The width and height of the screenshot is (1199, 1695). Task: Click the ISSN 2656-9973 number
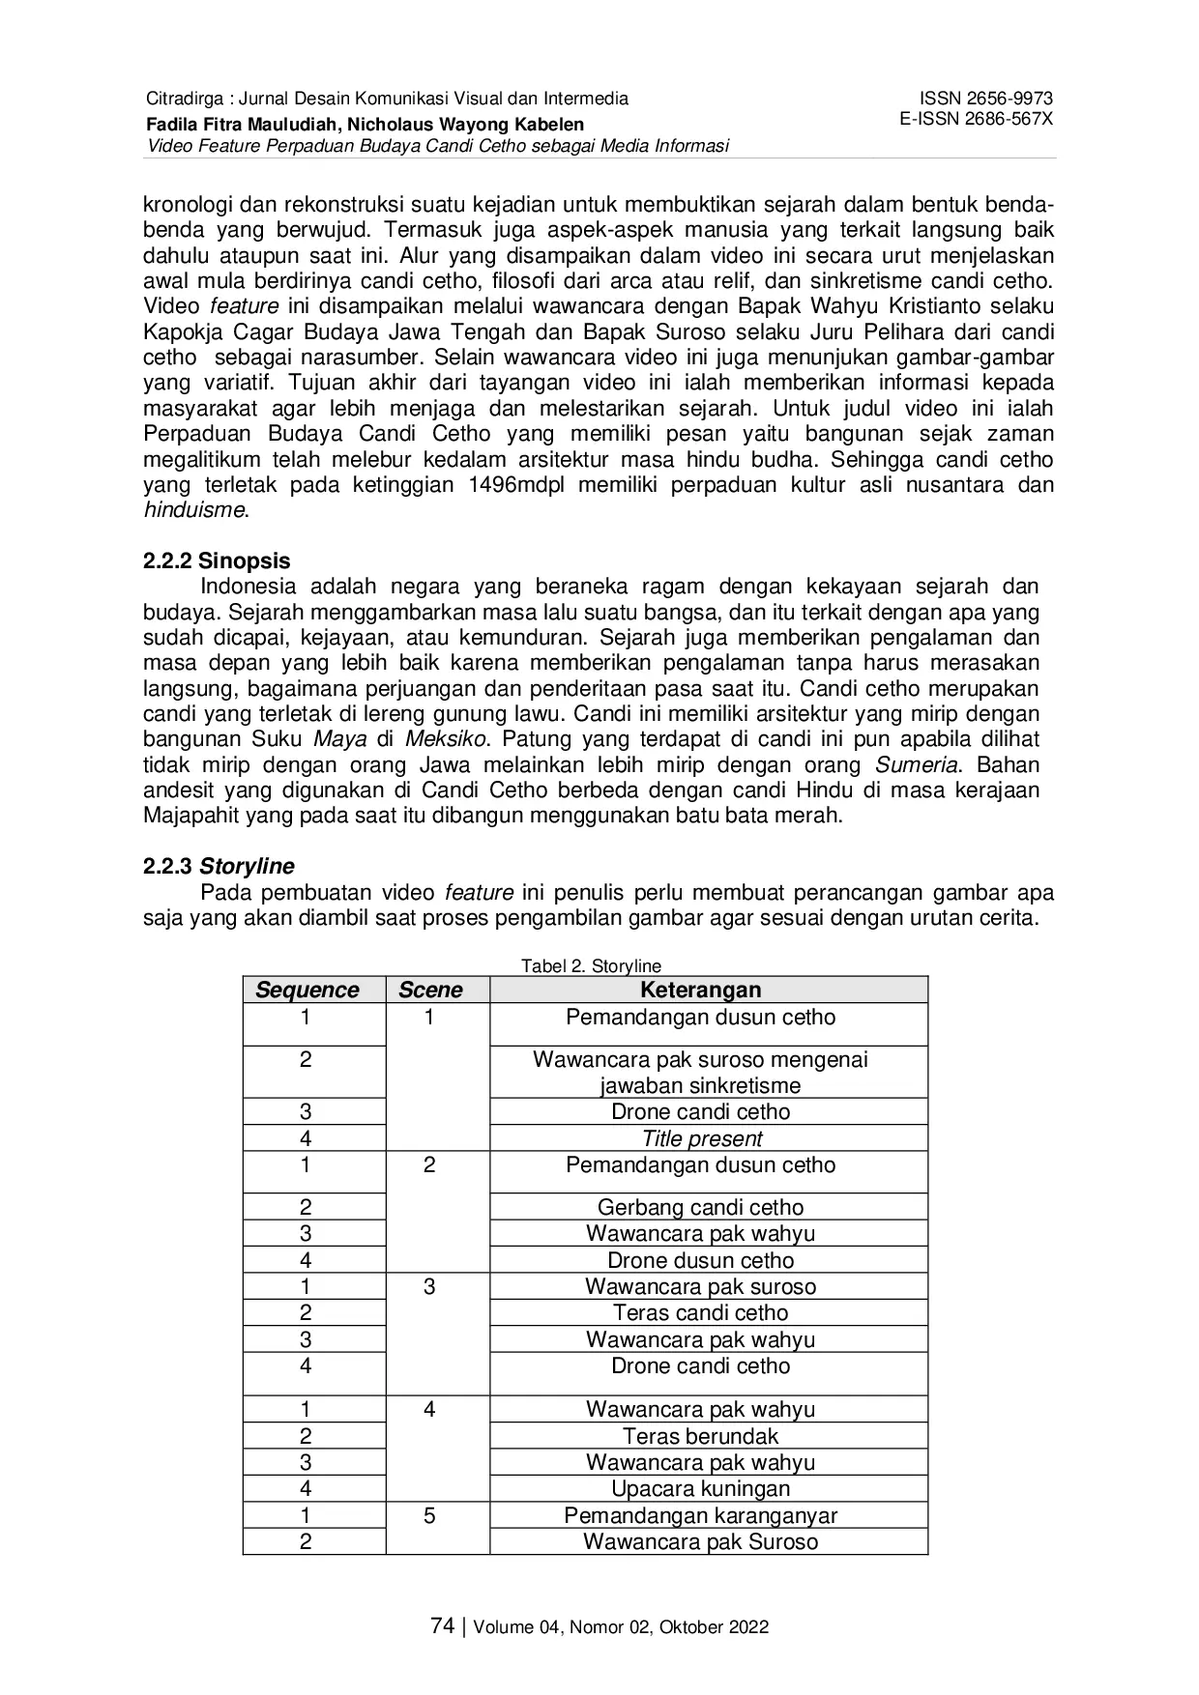tap(985, 99)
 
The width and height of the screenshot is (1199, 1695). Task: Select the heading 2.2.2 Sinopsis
tap(217, 561)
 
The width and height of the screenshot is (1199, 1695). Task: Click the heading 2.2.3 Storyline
tap(219, 867)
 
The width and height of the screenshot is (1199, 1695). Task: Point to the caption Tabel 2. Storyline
tap(591, 965)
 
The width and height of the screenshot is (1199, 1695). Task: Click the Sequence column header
tap(307, 991)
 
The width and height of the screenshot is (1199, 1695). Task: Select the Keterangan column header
tap(700, 991)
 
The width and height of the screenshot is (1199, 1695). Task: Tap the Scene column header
tap(430, 991)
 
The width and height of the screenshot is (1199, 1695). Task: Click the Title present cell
tap(702, 1139)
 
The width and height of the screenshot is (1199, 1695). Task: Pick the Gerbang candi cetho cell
tap(700, 1208)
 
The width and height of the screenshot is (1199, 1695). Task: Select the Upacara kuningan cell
tap(700, 1489)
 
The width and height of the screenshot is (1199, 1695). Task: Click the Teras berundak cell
tap(700, 1437)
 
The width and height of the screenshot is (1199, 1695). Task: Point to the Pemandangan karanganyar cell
tap(700, 1515)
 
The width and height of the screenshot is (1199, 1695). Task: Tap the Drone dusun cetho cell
tap(700, 1261)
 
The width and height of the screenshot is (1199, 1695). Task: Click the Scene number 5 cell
tap(429, 1516)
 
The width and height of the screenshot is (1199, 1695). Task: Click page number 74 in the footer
tap(442, 1626)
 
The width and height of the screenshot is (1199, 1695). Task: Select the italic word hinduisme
tap(194, 511)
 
